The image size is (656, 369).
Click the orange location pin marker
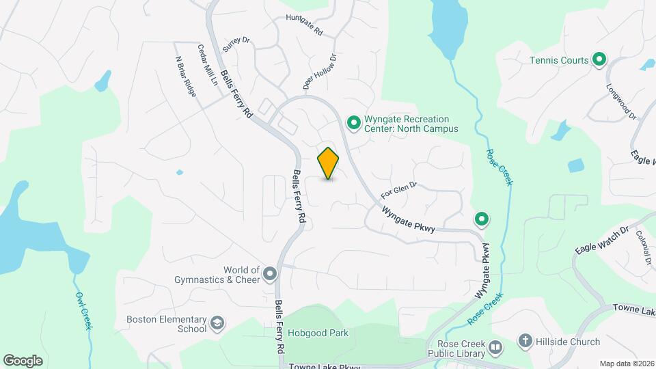pyautogui.click(x=329, y=163)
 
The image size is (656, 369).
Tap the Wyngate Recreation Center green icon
pyautogui.click(x=354, y=123)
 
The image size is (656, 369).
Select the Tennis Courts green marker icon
pyautogui.click(x=599, y=60)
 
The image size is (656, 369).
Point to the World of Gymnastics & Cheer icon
pyautogui.click(x=271, y=275)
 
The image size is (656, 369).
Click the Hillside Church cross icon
pyautogui.click(x=525, y=342)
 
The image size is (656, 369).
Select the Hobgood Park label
pyautogui.click(x=318, y=333)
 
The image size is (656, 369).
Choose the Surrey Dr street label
pyautogui.click(x=237, y=46)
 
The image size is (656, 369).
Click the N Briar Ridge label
pyautogui.click(x=186, y=76)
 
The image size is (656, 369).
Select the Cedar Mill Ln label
pyautogui.click(x=207, y=66)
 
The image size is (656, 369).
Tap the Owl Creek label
pyautogui.click(x=83, y=311)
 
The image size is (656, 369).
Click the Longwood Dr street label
pyautogui.click(x=621, y=102)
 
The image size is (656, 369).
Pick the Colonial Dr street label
pyautogui.click(x=642, y=247)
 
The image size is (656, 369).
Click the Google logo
pyautogui.click(x=23, y=360)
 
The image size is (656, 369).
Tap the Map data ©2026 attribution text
pyautogui.click(x=625, y=364)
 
